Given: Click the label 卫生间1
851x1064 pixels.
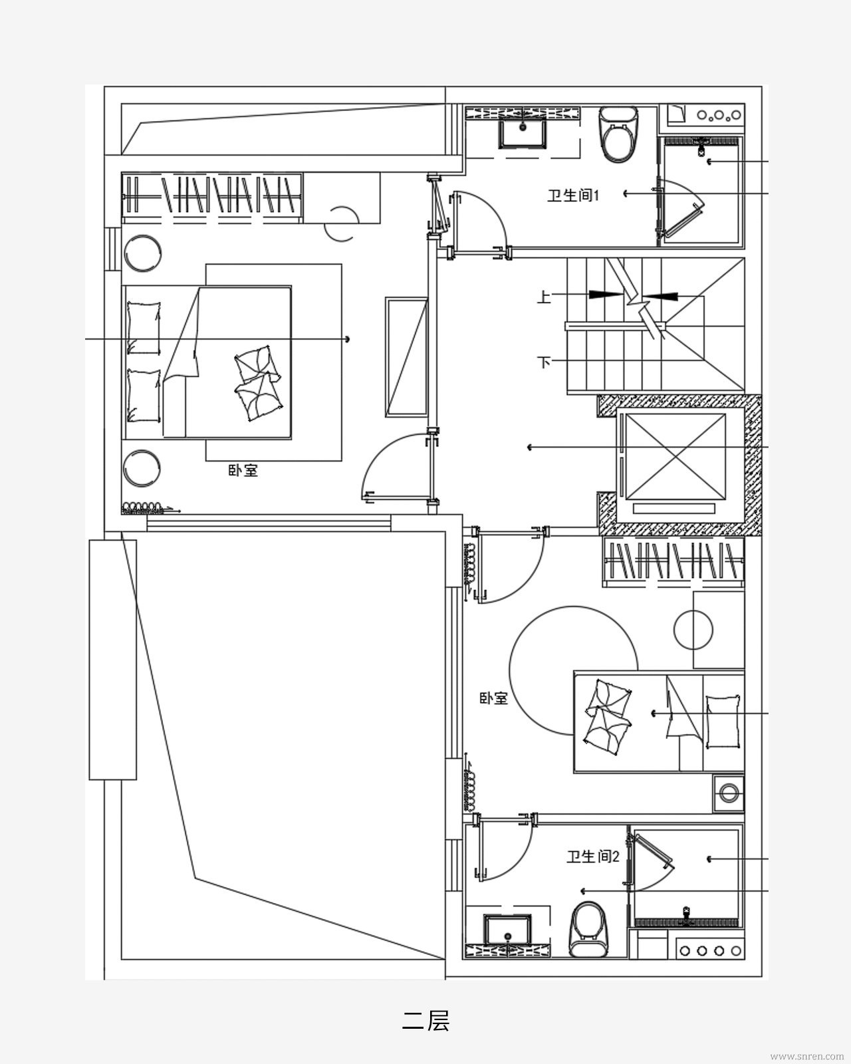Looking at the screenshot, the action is tap(573, 196).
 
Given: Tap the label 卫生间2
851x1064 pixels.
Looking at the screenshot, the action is tap(593, 857).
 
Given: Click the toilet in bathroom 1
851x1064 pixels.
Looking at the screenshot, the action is tap(618, 134).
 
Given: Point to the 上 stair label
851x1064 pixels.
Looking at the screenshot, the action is tap(544, 297).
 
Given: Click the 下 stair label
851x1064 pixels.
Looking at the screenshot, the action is tap(544, 362).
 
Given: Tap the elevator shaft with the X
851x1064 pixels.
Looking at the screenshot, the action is tap(675, 457).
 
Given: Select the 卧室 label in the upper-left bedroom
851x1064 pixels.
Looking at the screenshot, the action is tap(243, 470).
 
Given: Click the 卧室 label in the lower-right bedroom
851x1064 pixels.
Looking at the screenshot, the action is tap(493, 698).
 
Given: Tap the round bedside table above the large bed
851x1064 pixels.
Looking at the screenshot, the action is tap(142, 253).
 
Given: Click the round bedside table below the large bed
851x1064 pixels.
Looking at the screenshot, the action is tap(142, 468).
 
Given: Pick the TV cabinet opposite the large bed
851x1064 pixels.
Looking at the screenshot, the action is tap(406, 357).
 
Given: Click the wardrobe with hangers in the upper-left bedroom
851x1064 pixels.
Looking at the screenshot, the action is tap(212, 198).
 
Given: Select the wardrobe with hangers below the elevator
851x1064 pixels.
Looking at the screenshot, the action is tap(673, 561).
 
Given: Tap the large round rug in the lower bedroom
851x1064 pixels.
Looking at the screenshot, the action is tap(574, 670).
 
